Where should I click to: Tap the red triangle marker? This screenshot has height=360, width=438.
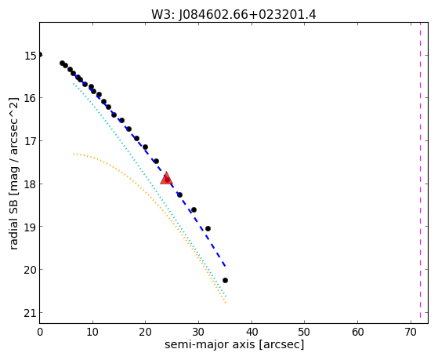pos(166,179)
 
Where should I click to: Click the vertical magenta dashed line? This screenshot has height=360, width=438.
pos(420,170)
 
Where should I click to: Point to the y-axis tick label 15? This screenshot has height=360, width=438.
pos(31,56)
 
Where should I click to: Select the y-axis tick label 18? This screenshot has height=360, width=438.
pos(31,184)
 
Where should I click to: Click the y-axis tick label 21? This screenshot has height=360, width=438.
pos(31,313)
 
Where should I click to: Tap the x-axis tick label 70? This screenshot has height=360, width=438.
pos(411,332)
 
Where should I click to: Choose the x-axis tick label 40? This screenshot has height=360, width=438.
pos(252,332)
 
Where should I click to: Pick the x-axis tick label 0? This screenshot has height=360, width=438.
pos(40,332)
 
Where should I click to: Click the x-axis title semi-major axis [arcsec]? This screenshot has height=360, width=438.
pos(234,344)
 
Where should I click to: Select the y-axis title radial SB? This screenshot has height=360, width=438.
pos(13,223)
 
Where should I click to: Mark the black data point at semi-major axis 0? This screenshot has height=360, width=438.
pos(40,55)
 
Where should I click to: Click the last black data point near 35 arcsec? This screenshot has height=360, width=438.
pos(225,280)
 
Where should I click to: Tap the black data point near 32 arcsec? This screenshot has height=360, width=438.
pos(208,228)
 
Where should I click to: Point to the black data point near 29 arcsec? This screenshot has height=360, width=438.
pos(194,209)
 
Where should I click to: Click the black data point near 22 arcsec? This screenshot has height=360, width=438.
pos(157,161)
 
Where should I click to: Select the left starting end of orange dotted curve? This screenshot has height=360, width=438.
pos(74,155)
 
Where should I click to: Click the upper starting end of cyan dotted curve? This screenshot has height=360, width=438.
pos(74,84)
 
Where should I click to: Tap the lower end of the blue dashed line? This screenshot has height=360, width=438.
pos(225,267)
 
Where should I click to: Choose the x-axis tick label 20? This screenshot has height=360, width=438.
pos(145,332)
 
